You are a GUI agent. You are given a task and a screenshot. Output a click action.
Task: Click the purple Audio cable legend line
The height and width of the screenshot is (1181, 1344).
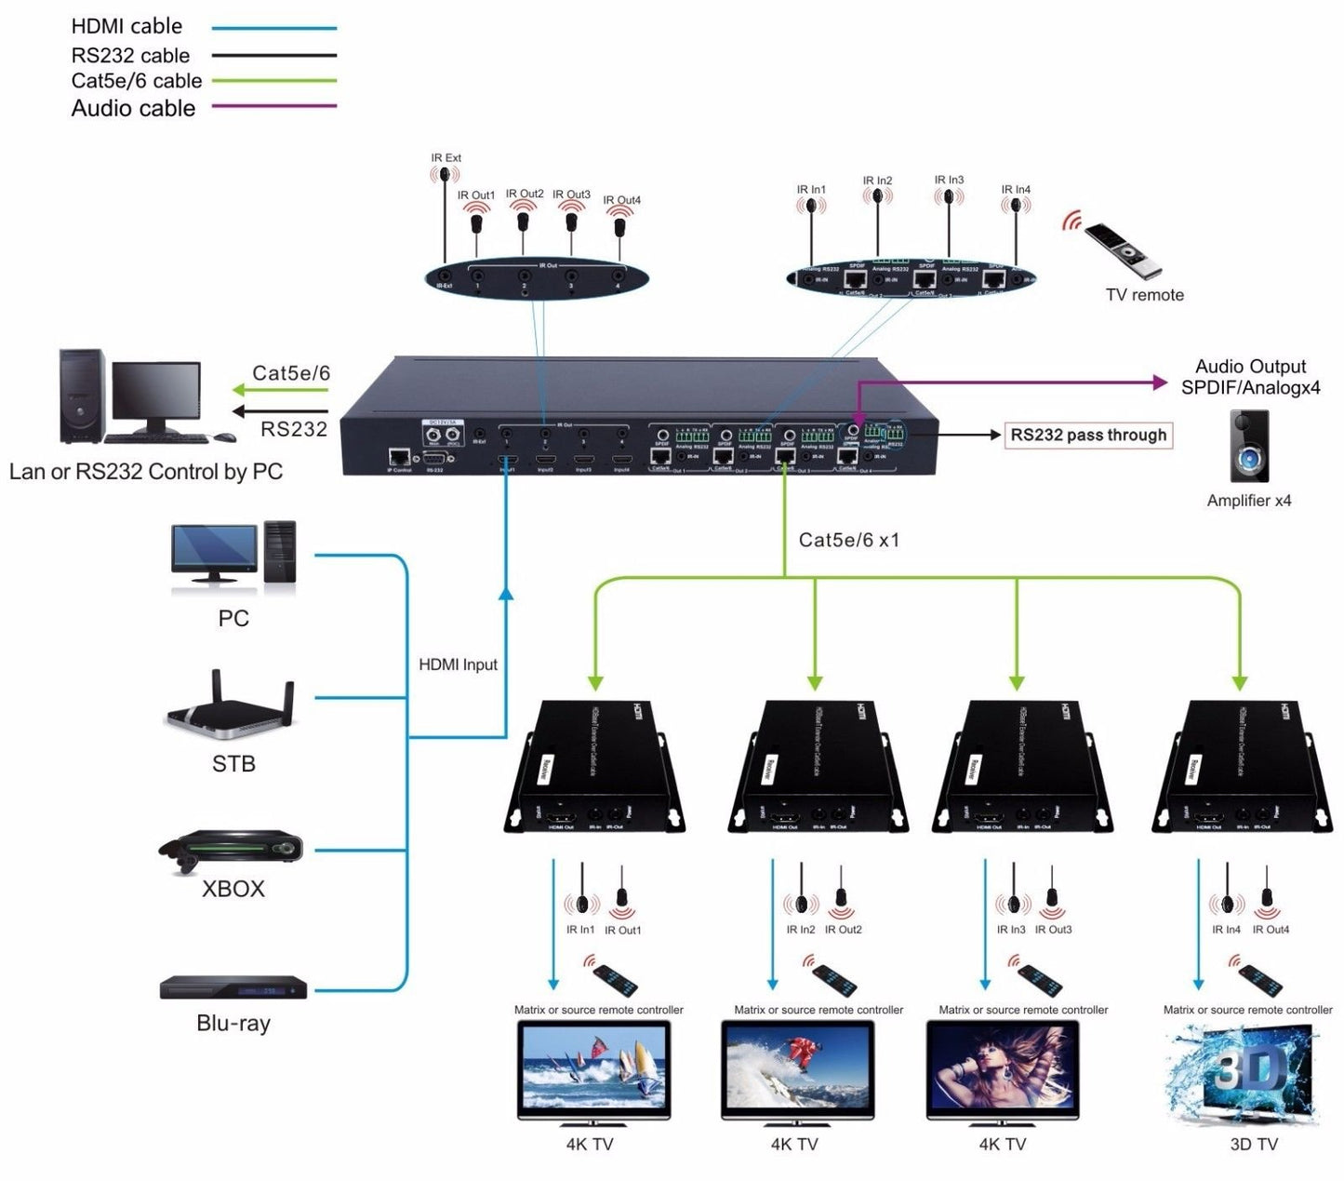click(x=273, y=106)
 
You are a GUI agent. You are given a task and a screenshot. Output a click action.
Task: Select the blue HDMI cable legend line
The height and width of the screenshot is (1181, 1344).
click(x=273, y=29)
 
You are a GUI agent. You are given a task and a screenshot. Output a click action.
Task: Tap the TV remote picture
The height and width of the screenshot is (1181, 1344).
click(x=1124, y=249)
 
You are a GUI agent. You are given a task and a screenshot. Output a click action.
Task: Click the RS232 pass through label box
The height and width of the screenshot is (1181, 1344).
click(x=1088, y=436)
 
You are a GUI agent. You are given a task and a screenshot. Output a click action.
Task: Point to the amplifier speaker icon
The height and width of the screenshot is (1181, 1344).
click(x=1248, y=447)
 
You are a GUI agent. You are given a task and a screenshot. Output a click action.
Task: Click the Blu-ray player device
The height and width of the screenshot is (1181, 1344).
click(x=233, y=986)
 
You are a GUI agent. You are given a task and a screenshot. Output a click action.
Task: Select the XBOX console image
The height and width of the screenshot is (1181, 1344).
click(x=231, y=850)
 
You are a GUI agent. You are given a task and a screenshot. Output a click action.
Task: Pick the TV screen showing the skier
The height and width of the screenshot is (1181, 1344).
click(x=797, y=1067)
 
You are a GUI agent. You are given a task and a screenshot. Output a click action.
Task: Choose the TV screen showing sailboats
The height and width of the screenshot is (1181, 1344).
click(x=593, y=1067)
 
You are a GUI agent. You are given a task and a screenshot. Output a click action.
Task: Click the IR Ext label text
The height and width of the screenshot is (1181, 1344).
click(x=446, y=158)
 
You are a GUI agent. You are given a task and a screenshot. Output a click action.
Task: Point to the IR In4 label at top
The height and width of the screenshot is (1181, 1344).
click(x=1016, y=190)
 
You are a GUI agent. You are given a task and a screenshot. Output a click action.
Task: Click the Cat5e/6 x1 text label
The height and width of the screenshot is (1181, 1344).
click(x=849, y=541)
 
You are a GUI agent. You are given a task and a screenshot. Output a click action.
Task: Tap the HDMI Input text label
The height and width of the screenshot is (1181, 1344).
click(x=458, y=664)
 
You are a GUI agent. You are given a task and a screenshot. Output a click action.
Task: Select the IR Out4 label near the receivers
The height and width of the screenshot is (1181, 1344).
click(x=1271, y=930)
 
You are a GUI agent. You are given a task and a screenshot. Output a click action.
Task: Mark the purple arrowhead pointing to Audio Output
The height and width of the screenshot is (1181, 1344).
click(x=1160, y=382)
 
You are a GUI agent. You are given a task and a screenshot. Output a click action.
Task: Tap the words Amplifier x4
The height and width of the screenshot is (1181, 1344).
click(x=1248, y=501)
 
